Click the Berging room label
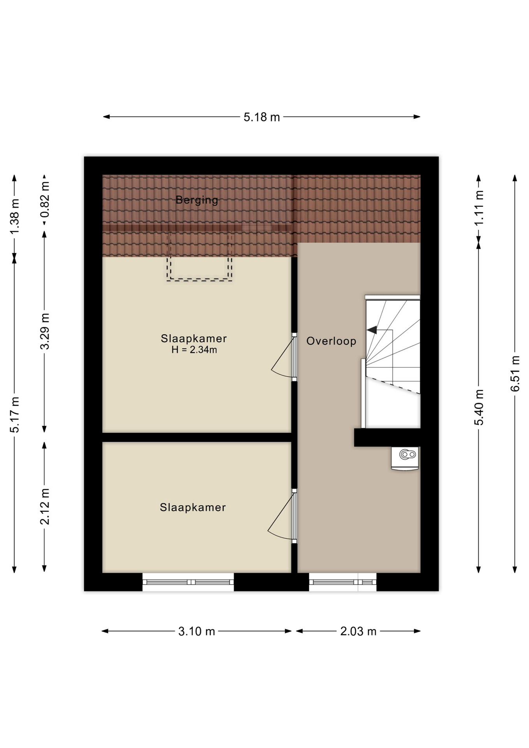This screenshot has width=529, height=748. pos(197,200)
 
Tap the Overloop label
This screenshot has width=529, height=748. pos(331,341)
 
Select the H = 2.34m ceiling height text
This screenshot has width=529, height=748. pos(194,350)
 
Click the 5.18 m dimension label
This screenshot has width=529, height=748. pos(262,117)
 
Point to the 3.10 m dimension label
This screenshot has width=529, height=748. pos(196,631)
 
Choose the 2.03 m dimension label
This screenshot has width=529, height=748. pos(358,631)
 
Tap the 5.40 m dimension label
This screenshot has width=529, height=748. pos(479,407)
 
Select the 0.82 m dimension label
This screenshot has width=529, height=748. pos(44,199)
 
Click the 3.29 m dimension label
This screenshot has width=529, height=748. pos(44,331)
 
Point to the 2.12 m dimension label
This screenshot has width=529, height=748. pos(44,506)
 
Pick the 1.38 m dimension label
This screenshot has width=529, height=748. pos(14,217)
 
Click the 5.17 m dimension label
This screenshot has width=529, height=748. pos(14,415)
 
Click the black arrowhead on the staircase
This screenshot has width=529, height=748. pos(372,330)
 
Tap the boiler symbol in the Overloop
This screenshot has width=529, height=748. pos(405,459)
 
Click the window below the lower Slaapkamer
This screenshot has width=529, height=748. pos(188,582)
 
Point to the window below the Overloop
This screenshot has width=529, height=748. pos(343,582)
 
